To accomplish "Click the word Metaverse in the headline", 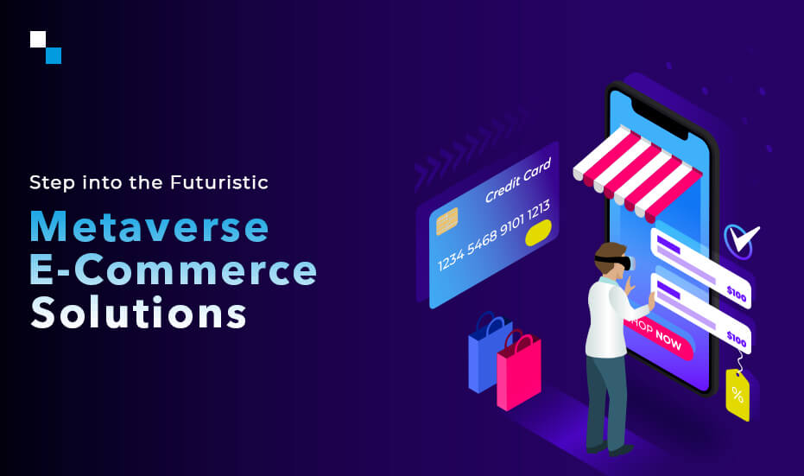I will pyautogui.click(x=149, y=226).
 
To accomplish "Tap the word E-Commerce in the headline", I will pyautogui.click(x=173, y=270).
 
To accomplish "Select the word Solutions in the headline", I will pyautogui.click(x=138, y=312).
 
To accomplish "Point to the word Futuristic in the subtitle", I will pyautogui.click(x=219, y=182).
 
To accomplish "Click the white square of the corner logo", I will pyautogui.click(x=37, y=39).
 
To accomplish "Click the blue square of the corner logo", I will pyautogui.click(x=54, y=55).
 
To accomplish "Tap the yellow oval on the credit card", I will pyautogui.click(x=538, y=232).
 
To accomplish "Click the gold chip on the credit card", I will pyautogui.click(x=446, y=221).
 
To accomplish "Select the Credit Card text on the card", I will pyautogui.click(x=517, y=182).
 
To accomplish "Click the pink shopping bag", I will pyautogui.click(x=518, y=371).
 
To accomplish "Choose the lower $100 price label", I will pyautogui.click(x=736, y=337).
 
